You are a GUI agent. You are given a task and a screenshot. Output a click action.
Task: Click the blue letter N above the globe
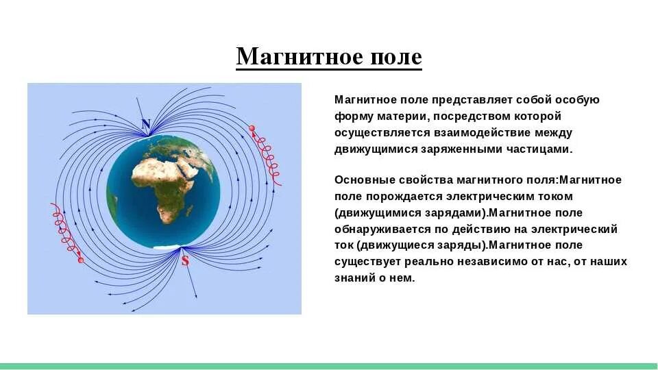click(145, 124)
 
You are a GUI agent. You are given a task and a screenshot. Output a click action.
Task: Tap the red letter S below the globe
click(185, 261)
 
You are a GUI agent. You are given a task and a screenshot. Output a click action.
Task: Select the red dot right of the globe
click(252, 128)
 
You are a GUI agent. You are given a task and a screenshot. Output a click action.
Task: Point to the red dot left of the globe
click(81, 260)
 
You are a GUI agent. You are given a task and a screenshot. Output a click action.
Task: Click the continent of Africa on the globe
click(164, 184)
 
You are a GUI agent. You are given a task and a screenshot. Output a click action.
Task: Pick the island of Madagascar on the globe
click(189, 210)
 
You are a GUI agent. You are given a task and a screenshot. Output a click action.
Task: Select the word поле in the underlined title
click(396, 57)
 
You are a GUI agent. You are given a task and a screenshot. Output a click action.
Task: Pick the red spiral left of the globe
click(66, 231)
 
